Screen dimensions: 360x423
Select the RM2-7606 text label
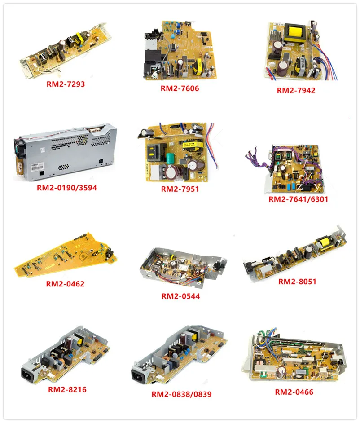tap(180, 88)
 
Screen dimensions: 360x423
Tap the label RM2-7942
tap(296, 90)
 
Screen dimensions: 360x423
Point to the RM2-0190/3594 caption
tap(66, 187)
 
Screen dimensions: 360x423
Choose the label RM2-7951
tap(180, 189)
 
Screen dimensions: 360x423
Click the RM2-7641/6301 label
tap(299, 199)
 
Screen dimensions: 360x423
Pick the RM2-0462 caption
tap(65, 283)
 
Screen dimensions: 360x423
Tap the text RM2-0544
tap(180, 296)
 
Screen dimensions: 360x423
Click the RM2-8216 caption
tap(67, 389)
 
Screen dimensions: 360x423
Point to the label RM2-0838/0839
tap(181, 394)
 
